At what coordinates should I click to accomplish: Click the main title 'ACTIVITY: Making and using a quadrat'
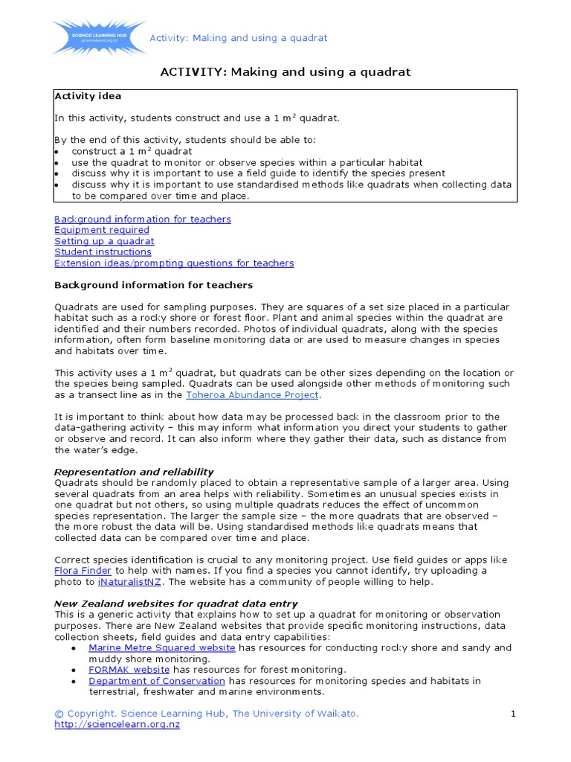pos(285,72)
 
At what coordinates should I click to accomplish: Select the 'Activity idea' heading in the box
pos(88,96)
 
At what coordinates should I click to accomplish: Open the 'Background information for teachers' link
pos(142,219)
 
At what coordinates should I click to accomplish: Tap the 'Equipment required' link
pos(101,230)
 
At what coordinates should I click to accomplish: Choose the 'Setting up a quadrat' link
pos(104,241)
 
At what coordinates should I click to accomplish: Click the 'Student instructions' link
pos(103,252)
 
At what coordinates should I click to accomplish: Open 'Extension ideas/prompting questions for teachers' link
pos(173,263)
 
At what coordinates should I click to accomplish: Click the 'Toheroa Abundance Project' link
pos(252,395)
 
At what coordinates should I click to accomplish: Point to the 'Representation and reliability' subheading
pos(134,472)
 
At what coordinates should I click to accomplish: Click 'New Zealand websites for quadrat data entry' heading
pos(176,603)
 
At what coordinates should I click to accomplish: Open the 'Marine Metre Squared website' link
pos(161,648)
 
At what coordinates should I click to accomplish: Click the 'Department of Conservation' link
pos(156,681)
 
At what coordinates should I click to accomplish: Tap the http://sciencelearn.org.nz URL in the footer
pos(117,725)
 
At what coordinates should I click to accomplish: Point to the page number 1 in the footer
pos(512,714)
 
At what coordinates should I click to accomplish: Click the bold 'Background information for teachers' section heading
pos(153,285)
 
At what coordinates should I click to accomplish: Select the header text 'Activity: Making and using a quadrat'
pos(238,38)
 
